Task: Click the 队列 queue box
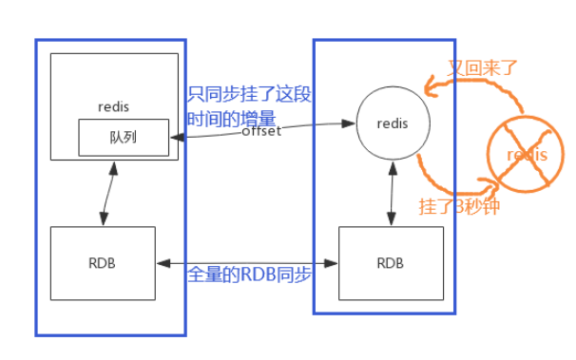point(124,137)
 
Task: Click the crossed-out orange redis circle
point(524,155)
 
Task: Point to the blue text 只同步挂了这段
point(249,95)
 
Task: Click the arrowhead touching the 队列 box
point(176,137)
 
